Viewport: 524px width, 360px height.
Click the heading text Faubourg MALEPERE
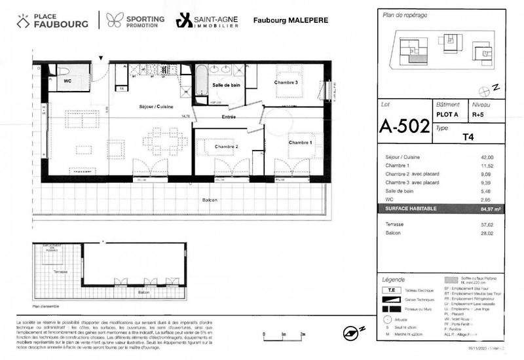[291, 21]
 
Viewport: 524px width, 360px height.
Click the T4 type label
[468, 137]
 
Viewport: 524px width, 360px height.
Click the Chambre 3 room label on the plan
[287, 82]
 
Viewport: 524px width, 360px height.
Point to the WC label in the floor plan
[67, 82]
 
